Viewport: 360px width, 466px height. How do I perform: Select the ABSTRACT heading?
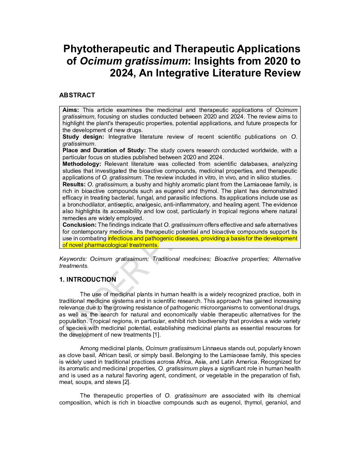[77, 95]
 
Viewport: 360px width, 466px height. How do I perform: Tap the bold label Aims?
[71, 110]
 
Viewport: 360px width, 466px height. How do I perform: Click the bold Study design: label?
[83, 137]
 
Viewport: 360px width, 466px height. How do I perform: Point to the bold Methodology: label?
[82, 164]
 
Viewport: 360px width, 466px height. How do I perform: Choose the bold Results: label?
[74, 184]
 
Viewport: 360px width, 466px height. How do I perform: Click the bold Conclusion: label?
[79, 225]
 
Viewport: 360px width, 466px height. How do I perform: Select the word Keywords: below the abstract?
[73, 259]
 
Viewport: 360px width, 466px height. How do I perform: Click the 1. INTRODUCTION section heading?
[88, 279]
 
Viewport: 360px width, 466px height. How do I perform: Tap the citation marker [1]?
[156, 335]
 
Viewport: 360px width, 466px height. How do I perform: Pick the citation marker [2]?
[126, 382]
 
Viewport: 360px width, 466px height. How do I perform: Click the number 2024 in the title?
[123, 73]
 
